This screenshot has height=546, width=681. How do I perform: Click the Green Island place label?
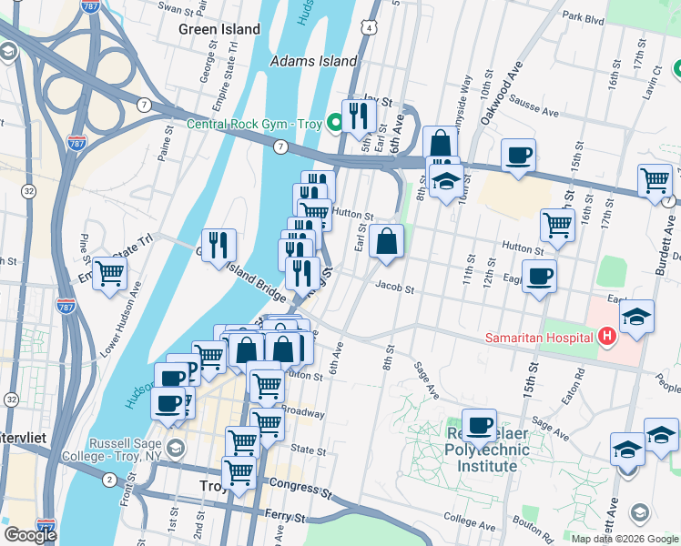coord(219,29)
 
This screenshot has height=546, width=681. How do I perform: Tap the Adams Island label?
coord(314,61)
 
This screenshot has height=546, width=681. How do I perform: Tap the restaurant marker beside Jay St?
coord(359,115)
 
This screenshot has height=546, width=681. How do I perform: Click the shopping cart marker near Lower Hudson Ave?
coord(109,272)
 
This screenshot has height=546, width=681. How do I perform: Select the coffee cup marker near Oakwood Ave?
coord(518,154)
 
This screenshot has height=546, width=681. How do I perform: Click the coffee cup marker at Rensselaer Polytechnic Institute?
coord(479,424)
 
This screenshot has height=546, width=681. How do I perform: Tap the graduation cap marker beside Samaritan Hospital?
coord(636,316)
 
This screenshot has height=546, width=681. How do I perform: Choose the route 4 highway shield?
coord(368,28)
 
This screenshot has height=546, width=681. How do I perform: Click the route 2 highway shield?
coord(109,480)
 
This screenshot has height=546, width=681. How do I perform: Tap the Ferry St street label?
coord(287,517)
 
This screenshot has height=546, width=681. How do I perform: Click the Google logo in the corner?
coord(30,535)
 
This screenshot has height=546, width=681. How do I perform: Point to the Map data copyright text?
coord(625,539)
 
